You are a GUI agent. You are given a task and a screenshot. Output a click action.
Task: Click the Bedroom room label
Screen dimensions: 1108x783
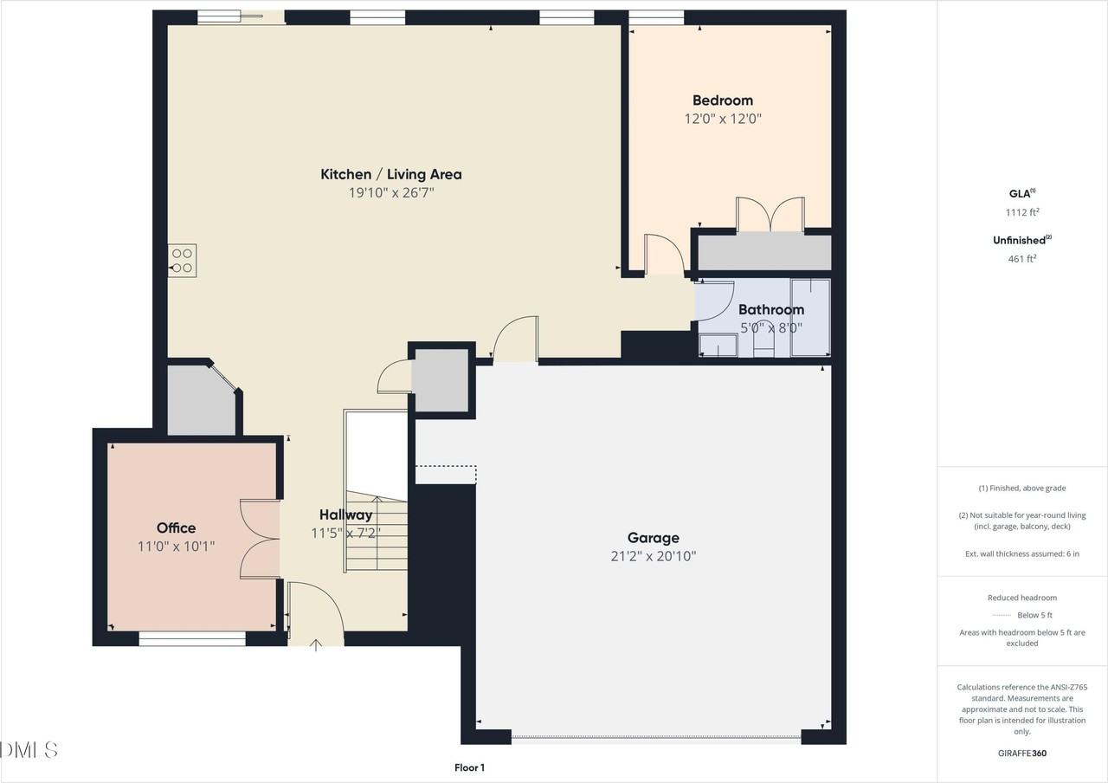(x=723, y=100)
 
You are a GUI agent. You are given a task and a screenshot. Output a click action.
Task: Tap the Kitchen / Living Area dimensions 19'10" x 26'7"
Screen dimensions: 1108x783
(x=391, y=192)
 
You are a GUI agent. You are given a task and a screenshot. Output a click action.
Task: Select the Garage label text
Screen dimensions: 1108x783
(x=653, y=538)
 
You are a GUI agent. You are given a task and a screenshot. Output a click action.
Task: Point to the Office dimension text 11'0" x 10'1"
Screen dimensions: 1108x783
(x=176, y=547)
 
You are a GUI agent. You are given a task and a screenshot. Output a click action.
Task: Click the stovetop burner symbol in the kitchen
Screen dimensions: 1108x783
(x=182, y=261)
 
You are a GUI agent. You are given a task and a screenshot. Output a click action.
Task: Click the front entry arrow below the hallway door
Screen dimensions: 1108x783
(x=316, y=645)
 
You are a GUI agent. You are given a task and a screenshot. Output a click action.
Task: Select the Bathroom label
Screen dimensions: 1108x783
(x=771, y=310)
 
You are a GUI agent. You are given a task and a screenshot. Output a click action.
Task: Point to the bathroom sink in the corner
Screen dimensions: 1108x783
(x=718, y=346)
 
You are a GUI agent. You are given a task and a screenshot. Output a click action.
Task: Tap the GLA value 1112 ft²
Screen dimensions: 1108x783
(x=1022, y=212)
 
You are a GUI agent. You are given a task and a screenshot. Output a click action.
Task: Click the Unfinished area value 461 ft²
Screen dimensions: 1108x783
(x=1022, y=258)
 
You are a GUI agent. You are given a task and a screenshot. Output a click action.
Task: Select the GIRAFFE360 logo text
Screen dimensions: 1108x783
(x=1022, y=754)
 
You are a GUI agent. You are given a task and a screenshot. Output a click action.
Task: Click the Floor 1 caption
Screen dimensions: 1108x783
(x=469, y=767)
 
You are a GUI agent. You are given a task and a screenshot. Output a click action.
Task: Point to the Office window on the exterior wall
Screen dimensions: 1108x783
(x=192, y=638)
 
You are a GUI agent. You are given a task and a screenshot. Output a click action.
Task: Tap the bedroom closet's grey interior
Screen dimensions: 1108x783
(x=764, y=252)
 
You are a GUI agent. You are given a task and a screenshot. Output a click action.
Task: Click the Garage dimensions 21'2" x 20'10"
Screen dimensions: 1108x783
(x=654, y=556)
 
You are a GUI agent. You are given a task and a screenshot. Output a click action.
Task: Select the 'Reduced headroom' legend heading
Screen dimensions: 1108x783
(x=1022, y=598)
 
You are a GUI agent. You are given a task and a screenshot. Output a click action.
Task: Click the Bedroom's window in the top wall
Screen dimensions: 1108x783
(x=656, y=18)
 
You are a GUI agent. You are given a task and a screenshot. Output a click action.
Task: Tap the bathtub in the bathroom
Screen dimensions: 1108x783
(x=810, y=317)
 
